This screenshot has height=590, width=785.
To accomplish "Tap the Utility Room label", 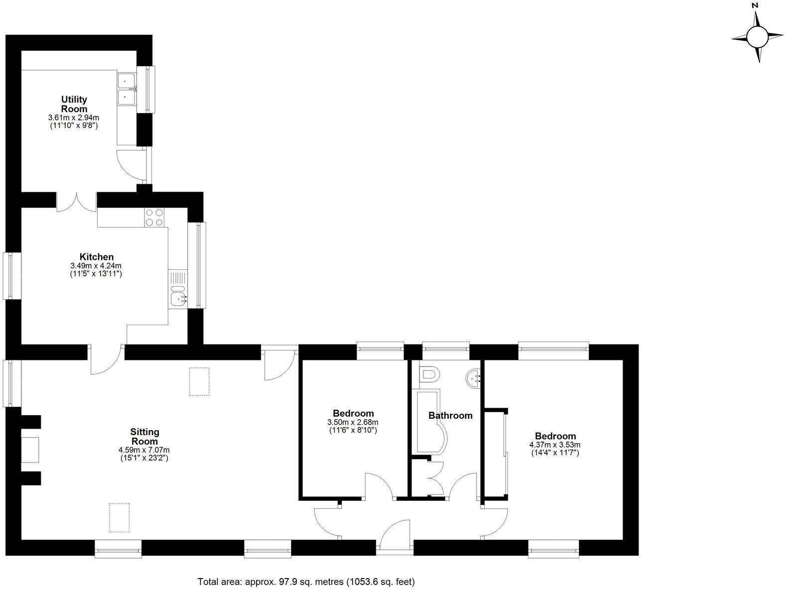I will pos(74,104).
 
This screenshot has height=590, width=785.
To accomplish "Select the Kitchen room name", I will pos(97,257).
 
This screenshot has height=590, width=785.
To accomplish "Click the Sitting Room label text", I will pos(144,436).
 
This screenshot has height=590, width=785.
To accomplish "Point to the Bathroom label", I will pos(450,415).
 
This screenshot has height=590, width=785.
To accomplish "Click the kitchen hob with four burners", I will pos(154,217).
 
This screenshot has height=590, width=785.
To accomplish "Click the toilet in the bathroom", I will pos(429,374).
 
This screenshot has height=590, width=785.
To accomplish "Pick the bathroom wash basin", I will pos(473,378).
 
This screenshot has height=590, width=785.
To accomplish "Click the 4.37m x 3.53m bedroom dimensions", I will pos(555,445).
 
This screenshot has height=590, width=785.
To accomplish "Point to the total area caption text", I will pos(306,581).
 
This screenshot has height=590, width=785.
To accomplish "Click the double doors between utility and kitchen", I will pos(76,201).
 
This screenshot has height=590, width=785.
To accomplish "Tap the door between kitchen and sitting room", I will pos(107,359).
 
